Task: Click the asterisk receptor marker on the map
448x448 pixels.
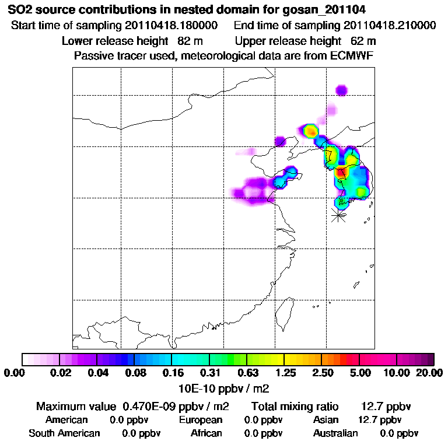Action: (338, 215)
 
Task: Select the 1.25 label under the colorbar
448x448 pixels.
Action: (285, 373)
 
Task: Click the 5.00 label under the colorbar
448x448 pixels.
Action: (359, 373)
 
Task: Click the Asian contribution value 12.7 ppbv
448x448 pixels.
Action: (379, 420)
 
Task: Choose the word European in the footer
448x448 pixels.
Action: (201, 420)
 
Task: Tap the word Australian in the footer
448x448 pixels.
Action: (335, 433)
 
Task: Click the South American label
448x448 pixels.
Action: (64, 433)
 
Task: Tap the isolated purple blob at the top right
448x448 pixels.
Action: (341, 89)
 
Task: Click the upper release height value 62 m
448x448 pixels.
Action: (363, 41)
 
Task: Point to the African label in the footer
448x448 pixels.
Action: (206, 433)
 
